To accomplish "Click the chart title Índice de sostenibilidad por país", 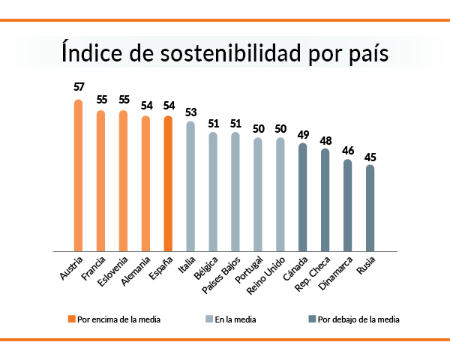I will (225, 55).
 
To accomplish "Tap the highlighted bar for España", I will (168, 184).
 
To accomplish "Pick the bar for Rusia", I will (370, 208).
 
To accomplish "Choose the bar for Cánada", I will (302, 197).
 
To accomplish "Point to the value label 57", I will (78, 86).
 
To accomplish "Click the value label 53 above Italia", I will (190, 112).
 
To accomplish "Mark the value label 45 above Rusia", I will (370, 157).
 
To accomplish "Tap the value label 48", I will (325, 139).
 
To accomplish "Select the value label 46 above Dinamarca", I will (347, 150).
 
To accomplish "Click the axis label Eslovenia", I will (114, 271).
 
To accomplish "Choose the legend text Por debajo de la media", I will (358, 319).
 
